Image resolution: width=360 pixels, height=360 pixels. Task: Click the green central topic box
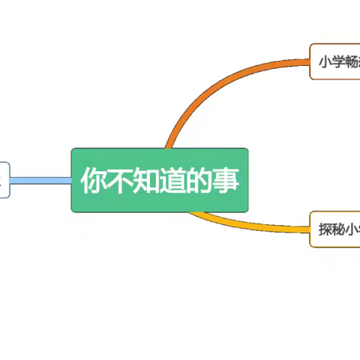(159, 180)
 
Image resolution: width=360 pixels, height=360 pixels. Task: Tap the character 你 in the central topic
(94, 181)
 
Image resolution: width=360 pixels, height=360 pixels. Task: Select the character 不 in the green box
(120, 181)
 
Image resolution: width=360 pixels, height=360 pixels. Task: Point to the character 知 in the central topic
(146, 181)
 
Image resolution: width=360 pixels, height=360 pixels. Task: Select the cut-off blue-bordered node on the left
(4, 180)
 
